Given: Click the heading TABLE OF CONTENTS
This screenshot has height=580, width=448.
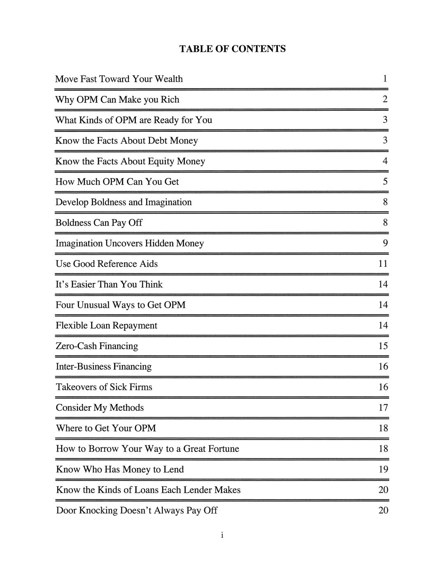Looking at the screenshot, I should pyautogui.click(x=232, y=49).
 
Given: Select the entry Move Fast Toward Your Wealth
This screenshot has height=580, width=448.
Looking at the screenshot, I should pyautogui.click(x=119, y=79).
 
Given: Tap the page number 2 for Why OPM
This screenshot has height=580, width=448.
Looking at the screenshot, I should pyautogui.click(x=385, y=99).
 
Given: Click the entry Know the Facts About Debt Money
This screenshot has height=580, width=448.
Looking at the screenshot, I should pyautogui.click(x=126, y=141).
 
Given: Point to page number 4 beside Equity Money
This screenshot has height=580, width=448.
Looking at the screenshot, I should pyautogui.click(x=385, y=161).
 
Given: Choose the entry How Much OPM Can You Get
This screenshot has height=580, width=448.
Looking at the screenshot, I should pyautogui.click(x=117, y=182).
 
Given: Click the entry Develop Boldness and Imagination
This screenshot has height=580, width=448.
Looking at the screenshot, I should pyautogui.click(x=124, y=202).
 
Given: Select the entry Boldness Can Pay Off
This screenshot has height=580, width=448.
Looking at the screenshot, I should pyautogui.click(x=99, y=223).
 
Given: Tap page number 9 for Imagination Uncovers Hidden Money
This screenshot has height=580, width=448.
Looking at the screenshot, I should pyautogui.click(x=385, y=243).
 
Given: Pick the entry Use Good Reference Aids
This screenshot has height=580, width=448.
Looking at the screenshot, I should pyautogui.click(x=107, y=264).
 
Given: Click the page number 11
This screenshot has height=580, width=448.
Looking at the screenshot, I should pyautogui.click(x=383, y=264).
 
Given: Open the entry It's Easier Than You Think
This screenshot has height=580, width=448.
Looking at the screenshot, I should pyautogui.click(x=109, y=285).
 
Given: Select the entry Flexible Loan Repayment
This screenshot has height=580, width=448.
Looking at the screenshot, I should pyautogui.click(x=106, y=326).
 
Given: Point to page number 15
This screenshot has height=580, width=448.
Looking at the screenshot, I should pyautogui.click(x=383, y=346).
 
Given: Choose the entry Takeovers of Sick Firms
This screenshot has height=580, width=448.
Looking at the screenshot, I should pyautogui.click(x=104, y=387).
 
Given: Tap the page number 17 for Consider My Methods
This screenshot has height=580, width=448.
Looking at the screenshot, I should pyautogui.click(x=383, y=408).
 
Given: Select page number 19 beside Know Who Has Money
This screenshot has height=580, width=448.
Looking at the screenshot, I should pyautogui.click(x=383, y=469).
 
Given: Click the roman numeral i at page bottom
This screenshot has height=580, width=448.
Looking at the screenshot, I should pyautogui.click(x=222, y=536).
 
